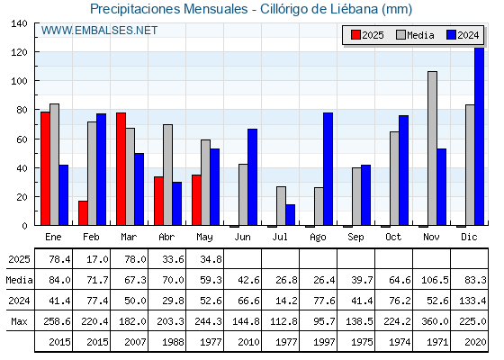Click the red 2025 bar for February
[83, 213]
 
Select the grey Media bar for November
[432, 148]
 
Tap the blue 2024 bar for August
[328, 169]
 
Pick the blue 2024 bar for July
[290, 215]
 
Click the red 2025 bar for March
[121, 169]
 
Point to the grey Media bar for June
[243, 194]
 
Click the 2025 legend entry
[367, 35]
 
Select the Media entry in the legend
[415, 35]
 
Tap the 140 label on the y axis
[19, 23]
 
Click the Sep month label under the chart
[355, 238]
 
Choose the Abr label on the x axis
[166, 238]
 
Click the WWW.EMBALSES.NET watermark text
[99, 31]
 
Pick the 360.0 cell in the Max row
[435, 321]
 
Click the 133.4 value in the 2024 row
[472, 301]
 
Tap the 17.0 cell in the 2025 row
[97, 259]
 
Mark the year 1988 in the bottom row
[173, 342]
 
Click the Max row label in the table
[19, 321]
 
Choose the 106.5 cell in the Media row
[435, 280]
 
